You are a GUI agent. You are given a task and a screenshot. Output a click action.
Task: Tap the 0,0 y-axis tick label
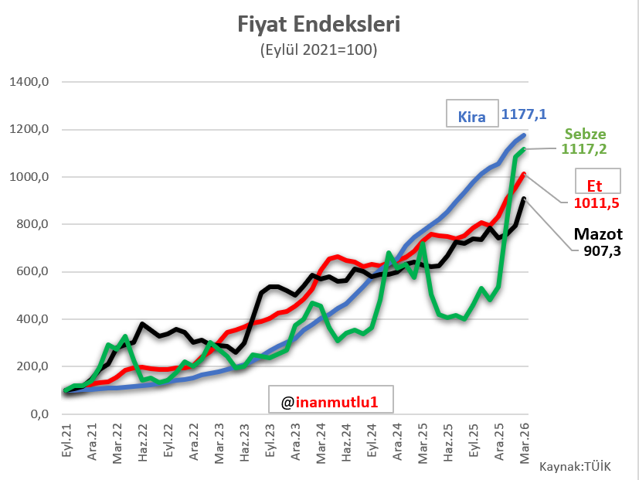(x=41, y=414)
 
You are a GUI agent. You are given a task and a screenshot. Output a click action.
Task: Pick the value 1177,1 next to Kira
(x=524, y=114)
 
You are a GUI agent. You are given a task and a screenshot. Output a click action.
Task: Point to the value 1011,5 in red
(x=597, y=203)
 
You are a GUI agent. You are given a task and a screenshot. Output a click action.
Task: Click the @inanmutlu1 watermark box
(x=331, y=401)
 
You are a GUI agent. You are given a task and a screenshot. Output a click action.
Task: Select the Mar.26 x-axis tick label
(x=524, y=444)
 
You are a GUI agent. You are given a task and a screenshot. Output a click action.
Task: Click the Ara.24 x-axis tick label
(x=397, y=444)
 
